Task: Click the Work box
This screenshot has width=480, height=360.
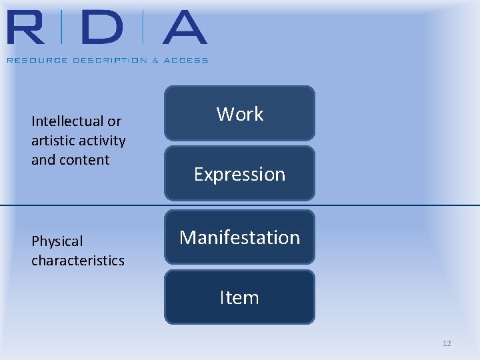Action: pyautogui.click(x=239, y=113)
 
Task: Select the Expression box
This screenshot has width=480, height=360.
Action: pyautogui.click(x=239, y=174)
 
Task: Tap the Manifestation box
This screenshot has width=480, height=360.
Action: pyautogui.click(x=239, y=237)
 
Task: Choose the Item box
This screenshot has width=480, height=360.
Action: pyautogui.click(x=239, y=297)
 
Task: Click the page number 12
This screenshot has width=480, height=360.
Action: pyautogui.click(x=447, y=343)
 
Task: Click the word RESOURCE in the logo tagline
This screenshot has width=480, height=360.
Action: pyautogui.click(x=31, y=60)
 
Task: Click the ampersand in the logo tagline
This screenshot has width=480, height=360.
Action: pyautogui.click(x=155, y=60)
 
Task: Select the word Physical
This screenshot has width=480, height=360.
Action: pyautogui.click(x=57, y=241)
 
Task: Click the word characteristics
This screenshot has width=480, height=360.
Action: pyautogui.click(x=77, y=261)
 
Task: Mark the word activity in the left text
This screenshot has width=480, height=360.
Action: pyautogui.click(x=102, y=141)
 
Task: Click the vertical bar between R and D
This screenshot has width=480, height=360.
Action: pyautogui.click(x=61, y=28)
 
